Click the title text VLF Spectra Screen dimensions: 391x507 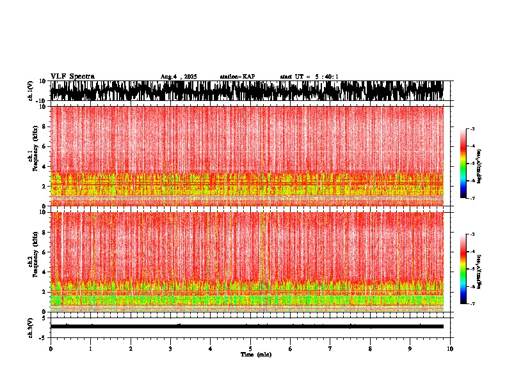72,76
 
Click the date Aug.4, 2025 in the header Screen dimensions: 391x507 179,77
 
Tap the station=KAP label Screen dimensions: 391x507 237,77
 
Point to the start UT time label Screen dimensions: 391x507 309,77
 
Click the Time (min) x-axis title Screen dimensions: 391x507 255,355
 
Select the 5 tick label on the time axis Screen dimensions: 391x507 250,349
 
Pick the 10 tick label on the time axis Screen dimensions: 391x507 450,349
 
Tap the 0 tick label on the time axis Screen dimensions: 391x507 51,349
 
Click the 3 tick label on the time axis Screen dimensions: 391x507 170,349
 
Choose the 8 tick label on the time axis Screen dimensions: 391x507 370,349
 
